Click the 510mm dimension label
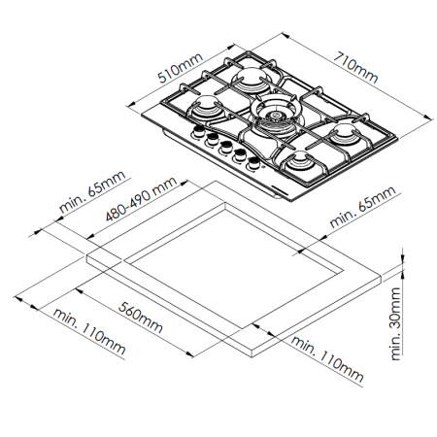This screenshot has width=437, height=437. coord(180,68)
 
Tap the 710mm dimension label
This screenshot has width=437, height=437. coord(355,67)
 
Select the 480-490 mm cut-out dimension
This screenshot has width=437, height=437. coord(142,199)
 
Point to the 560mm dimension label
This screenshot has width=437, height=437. coord(141,318)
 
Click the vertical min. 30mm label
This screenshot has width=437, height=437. coord(396,323)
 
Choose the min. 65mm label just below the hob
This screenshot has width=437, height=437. coord(362,206)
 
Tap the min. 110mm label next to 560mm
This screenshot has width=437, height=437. coord(89,332)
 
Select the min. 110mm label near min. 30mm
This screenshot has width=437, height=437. coord(327,358)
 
